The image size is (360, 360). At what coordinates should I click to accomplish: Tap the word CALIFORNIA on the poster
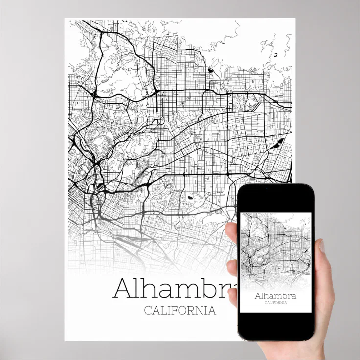pyautogui.click(x=180, y=311)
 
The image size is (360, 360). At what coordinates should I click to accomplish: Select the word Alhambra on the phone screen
pyautogui.click(x=275, y=296)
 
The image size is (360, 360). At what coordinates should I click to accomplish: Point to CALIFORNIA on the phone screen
pyautogui.click(x=275, y=303)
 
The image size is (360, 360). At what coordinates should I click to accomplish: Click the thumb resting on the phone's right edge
pyautogui.click(x=320, y=254)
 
